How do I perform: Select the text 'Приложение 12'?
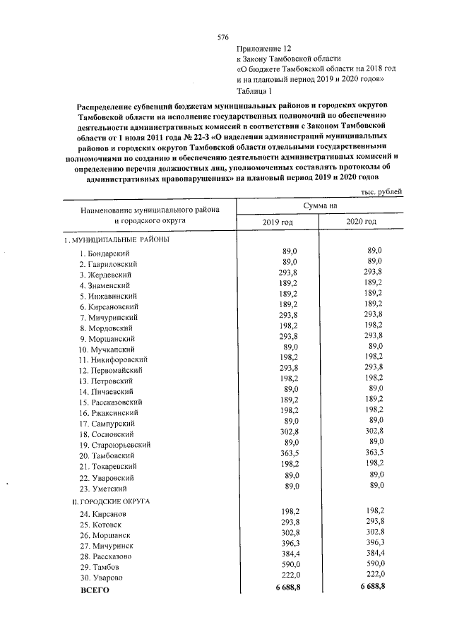tap(263, 47)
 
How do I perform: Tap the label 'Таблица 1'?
tap(255, 91)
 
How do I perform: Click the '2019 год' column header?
tap(277, 222)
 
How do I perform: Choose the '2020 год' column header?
tap(361, 222)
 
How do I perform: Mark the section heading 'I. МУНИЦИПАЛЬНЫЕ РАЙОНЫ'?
tap(116, 239)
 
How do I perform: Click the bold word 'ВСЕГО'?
tap(95, 590)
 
